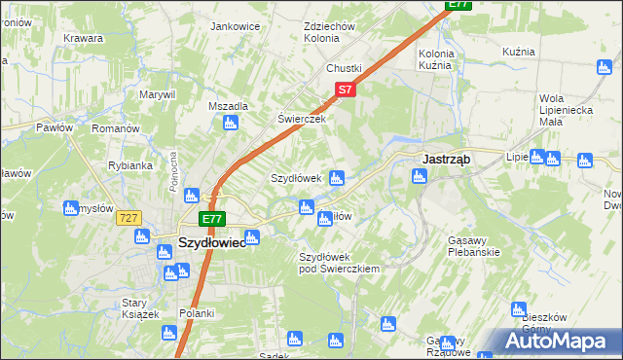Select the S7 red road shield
[345, 90]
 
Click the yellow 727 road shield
[128, 219]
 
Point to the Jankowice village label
[234, 26]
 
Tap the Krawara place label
[84, 38]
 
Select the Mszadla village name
[228, 106]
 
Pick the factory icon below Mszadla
[231, 124]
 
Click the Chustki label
[344, 68]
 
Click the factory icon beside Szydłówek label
[337, 178]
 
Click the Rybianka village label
[129, 165]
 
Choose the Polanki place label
[196, 313]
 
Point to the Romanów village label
[117, 128]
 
